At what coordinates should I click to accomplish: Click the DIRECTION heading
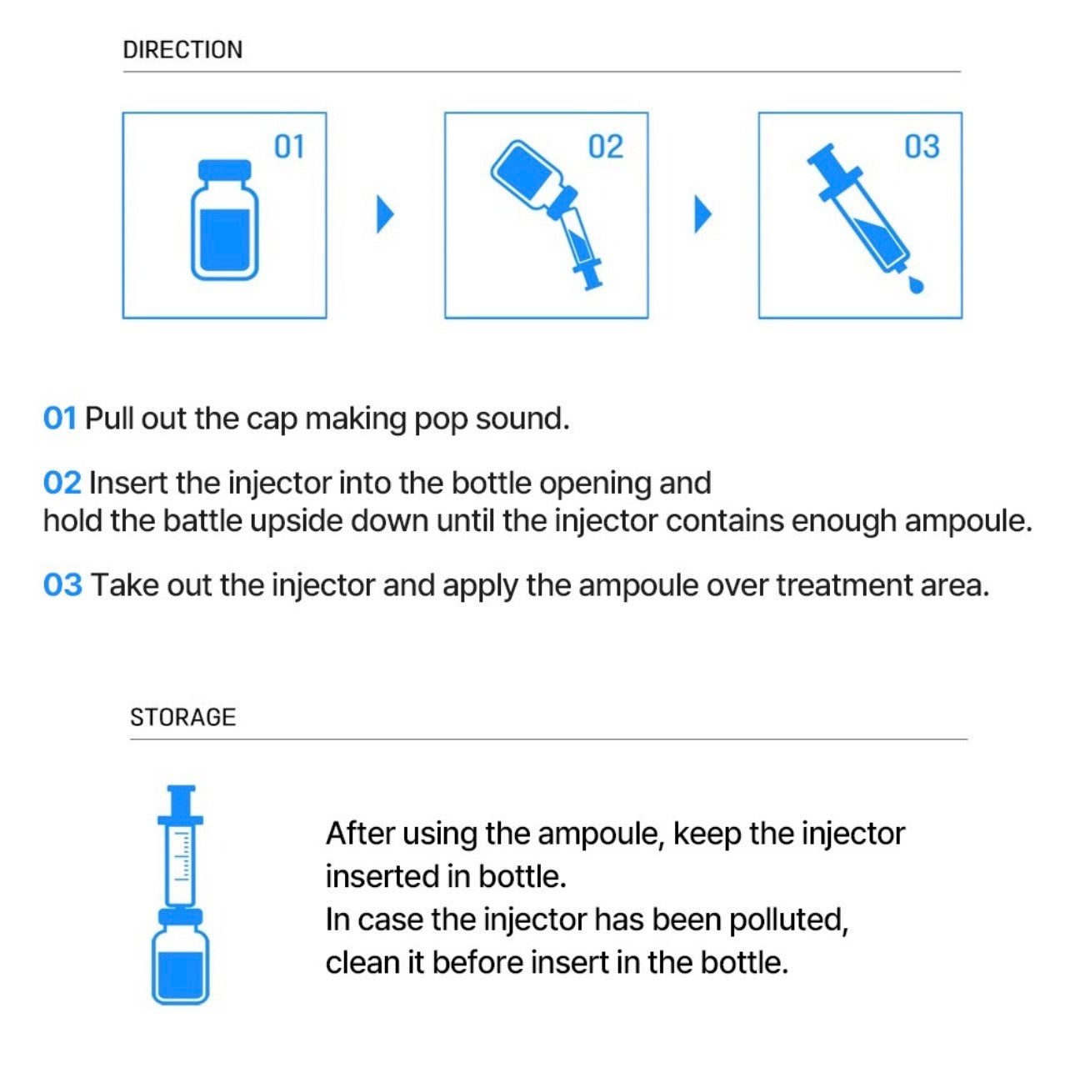pyautogui.click(x=182, y=50)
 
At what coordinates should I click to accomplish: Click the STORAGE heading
pyautogui.click(x=182, y=717)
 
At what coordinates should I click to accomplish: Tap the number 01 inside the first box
pyautogui.click(x=289, y=147)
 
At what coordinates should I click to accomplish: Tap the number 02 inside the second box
pyautogui.click(x=605, y=147)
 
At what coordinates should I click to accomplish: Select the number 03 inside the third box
pyautogui.click(x=922, y=147)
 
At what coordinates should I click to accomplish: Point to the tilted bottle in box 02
pyautogui.click(x=527, y=173)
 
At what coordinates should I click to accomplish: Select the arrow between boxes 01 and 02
pyautogui.click(x=385, y=214)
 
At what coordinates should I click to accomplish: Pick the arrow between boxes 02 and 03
pyautogui.click(x=703, y=214)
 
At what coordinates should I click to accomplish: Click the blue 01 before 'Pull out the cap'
pyautogui.click(x=59, y=419)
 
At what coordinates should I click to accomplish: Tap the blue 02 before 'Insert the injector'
pyautogui.click(x=62, y=484)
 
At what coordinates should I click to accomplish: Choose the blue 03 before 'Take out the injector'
pyautogui.click(x=62, y=585)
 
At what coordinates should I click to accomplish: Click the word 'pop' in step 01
pyautogui.click(x=441, y=419)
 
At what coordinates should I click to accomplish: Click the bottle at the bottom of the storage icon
pyautogui.click(x=180, y=963)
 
